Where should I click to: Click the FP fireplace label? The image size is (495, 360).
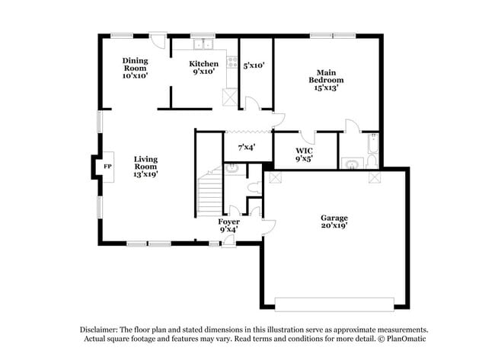[107, 167]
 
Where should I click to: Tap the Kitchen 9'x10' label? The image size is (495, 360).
[203, 68]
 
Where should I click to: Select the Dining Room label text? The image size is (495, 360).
[135, 65]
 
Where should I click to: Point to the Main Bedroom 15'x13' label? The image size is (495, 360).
[326, 80]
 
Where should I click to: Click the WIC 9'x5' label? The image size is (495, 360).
[304, 155]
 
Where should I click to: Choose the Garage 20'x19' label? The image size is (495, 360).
[334, 221]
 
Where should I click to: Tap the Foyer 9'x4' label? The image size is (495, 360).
[229, 225]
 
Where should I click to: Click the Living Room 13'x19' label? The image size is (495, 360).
[145, 167]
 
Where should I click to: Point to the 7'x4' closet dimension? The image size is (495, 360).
[247, 147]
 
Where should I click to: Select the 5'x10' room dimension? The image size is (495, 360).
[254, 65]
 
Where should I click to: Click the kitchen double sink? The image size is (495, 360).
[203, 44]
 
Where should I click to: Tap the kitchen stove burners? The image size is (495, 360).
[233, 62]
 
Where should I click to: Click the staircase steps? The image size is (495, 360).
[209, 194]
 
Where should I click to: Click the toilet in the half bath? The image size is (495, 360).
[254, 188]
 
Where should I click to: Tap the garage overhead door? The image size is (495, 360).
[334, 304]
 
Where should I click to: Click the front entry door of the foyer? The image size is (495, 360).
[228, 242]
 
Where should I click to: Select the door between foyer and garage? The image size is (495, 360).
[268, 227]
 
